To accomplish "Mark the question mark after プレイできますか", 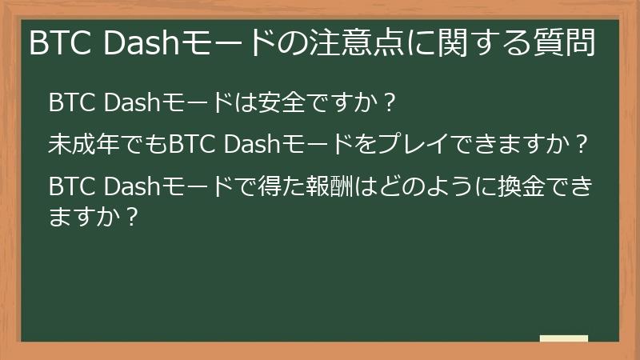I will click(x=582, y=146).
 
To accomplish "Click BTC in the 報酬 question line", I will click(x=74, y=187).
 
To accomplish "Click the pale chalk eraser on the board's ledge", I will click(x=564, y=338).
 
